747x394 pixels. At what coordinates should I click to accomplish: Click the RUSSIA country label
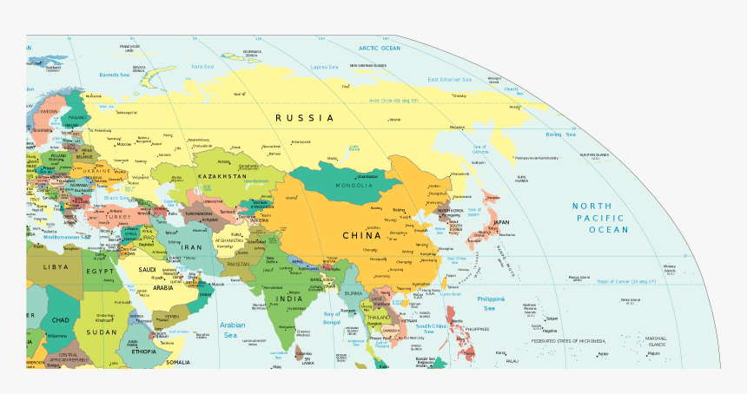click(x=305, y=117)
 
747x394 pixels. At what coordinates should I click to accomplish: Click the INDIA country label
click(x=289, y=299)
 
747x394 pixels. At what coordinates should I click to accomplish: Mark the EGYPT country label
click(x=99, y=272)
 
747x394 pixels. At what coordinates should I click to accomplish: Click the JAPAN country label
click(x=501, y=221)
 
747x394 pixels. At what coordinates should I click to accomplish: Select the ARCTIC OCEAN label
click(x=380, y=49)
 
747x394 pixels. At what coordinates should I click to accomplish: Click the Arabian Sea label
click(x=228, y=330)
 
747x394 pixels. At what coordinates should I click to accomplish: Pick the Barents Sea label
click(x=114, y=75)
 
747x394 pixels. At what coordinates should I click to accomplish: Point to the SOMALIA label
click(x=178, y=362)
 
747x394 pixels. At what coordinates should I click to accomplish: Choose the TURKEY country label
click(x=119, y=217)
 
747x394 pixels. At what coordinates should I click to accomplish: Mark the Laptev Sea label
click(x=324, y=66)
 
